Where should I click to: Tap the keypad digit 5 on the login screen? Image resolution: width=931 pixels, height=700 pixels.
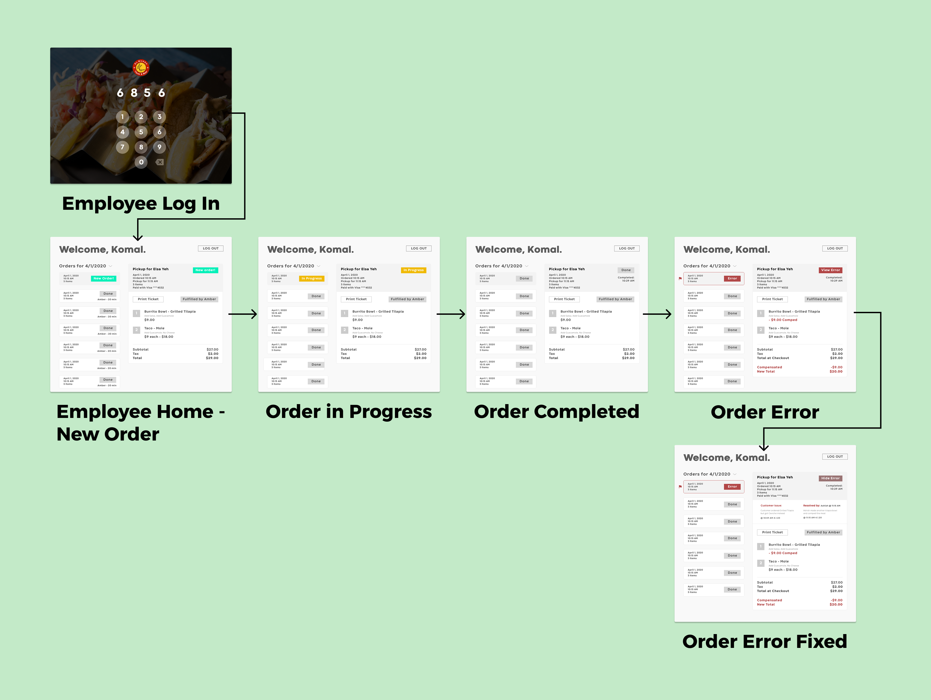point(141,132)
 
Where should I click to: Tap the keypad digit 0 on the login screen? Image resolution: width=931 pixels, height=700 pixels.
point(141,162)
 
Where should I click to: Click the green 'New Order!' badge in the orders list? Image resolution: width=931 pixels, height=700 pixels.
point(104,278)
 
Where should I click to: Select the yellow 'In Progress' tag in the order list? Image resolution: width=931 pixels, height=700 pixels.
point(311,278)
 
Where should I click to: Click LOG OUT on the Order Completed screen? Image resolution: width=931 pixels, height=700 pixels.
point(627,248)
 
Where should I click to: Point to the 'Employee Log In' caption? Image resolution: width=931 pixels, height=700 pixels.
point(141,204)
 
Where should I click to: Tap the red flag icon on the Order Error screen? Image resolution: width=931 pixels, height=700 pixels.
point(680,279)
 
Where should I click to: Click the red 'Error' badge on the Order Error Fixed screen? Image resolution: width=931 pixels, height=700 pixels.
point(732,487)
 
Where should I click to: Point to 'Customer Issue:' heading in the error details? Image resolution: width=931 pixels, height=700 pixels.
point(771,506)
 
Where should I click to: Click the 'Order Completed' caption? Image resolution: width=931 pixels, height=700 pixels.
point(557,412)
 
